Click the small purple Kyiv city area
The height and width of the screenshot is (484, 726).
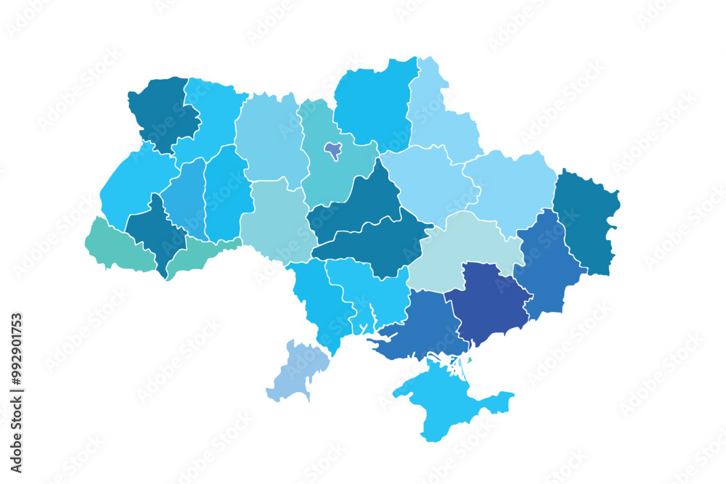(333, 150)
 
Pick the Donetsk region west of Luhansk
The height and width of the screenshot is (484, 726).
(548, 265)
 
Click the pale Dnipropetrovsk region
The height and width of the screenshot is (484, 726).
(465, 250)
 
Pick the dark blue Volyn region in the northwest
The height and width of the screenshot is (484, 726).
(163, 112)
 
